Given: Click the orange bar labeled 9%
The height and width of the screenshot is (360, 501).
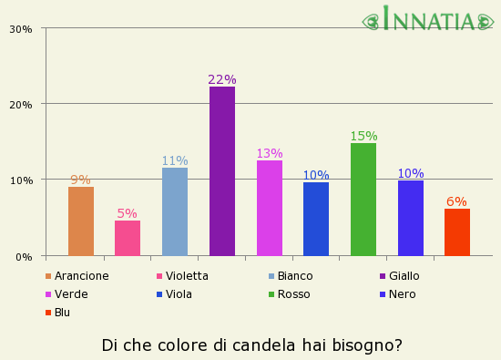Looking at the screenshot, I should point(81,221).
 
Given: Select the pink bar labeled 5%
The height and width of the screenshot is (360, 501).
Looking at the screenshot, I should point(128,238).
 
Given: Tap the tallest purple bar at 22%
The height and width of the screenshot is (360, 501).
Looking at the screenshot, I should point(222,171).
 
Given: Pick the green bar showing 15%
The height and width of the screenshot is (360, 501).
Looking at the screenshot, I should point(363,200).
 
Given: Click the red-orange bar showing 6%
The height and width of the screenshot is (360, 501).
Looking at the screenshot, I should point(457,232).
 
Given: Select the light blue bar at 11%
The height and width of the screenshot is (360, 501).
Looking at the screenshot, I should point(175,211).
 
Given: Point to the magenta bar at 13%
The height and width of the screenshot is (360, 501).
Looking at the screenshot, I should point(270,208).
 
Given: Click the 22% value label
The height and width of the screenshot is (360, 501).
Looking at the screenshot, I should point(222,80).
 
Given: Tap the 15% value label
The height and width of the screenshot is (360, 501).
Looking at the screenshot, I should point(363,137).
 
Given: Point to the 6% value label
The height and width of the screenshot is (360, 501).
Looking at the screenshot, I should point(456,202).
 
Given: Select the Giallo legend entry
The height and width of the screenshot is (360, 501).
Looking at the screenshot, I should point(404,276).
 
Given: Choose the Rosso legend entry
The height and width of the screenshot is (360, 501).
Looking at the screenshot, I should point(293,294).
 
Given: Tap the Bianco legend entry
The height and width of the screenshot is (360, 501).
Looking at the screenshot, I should point(294,276).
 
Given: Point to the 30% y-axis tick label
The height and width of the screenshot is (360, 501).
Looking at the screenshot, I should point(21,29).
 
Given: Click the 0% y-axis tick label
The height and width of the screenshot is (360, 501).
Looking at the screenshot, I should point(25,257).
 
